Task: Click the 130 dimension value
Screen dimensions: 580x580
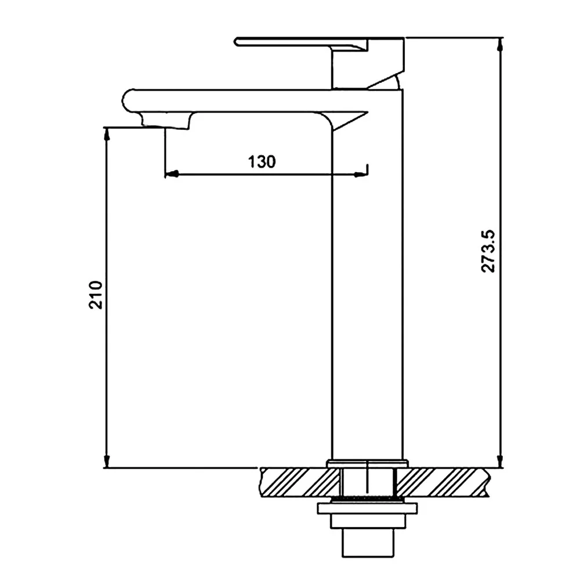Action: click(x=262, y=162)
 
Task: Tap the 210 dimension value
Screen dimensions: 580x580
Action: click(x=96, y=295)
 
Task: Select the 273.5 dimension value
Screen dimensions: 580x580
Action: click(x=488, y=251)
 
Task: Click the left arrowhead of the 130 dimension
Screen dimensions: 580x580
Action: click(x=172, y=174)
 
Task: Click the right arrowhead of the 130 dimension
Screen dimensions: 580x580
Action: click(x=360, y=174)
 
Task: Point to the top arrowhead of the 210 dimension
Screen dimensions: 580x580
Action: click(x=107, y=135)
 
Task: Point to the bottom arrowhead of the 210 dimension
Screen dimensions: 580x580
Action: click(x=107, y=461)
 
